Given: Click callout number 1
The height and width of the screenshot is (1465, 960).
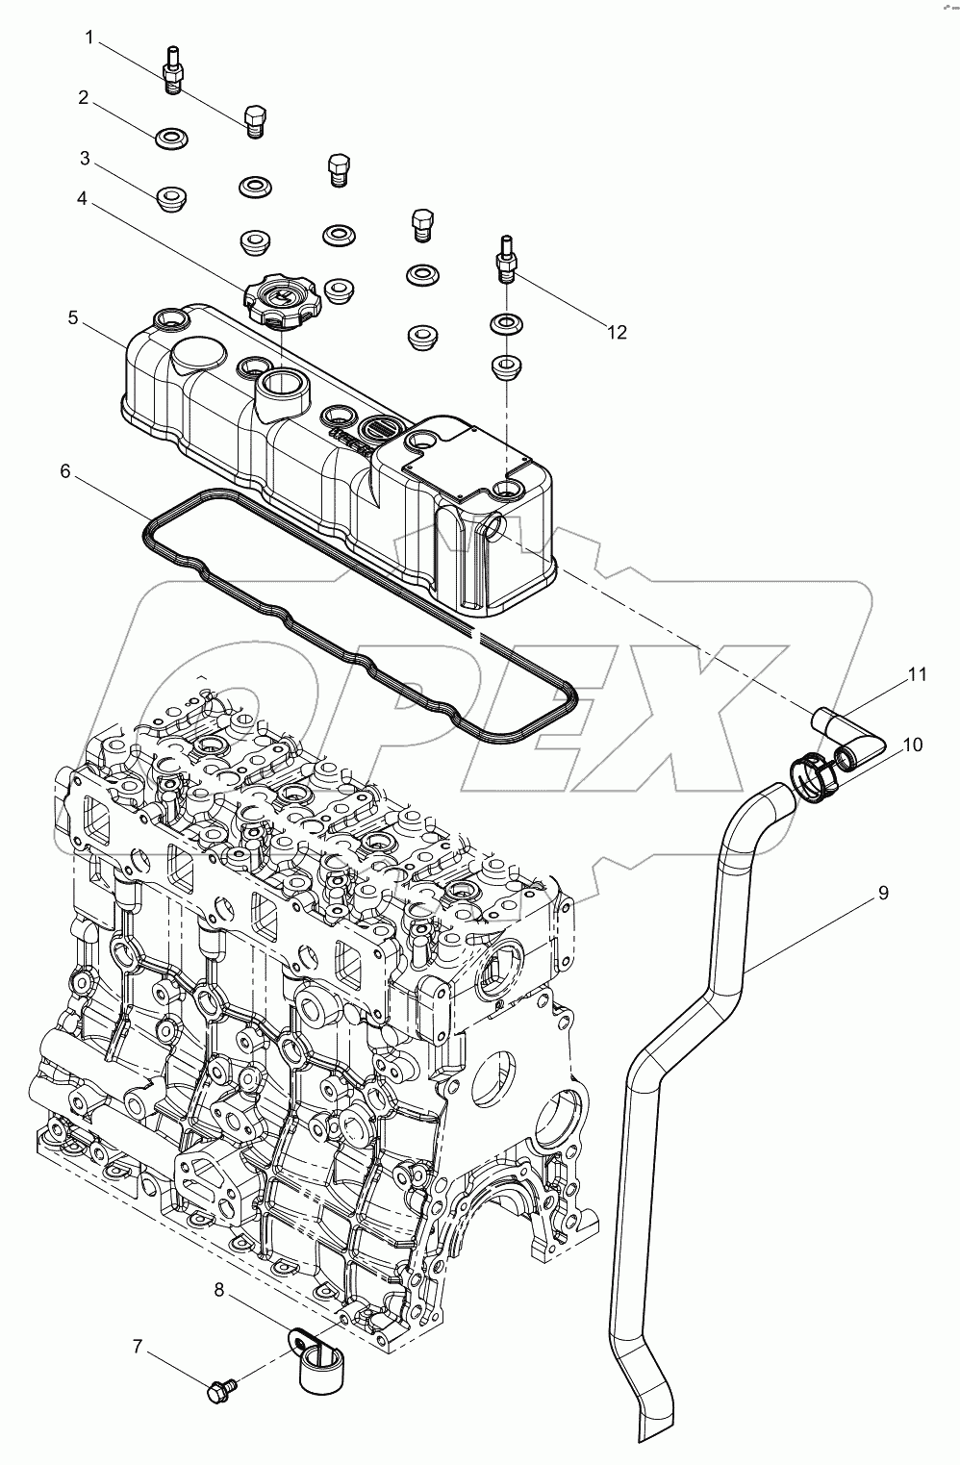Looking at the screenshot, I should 89,38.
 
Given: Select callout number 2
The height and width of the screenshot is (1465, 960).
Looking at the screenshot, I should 84,97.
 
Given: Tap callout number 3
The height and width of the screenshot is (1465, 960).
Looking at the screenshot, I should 85,157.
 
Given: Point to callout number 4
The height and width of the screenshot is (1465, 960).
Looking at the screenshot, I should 82,199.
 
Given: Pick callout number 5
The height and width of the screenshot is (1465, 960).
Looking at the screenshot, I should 74,317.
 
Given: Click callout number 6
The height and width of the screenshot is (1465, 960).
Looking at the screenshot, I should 65,471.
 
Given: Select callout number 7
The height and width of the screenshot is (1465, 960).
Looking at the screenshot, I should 138,1348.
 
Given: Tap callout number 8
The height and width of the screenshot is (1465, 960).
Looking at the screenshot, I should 219,1291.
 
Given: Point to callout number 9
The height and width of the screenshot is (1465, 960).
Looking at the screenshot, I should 882,894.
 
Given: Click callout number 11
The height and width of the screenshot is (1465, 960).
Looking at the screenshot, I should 917,674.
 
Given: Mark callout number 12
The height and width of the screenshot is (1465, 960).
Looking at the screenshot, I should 617,332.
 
